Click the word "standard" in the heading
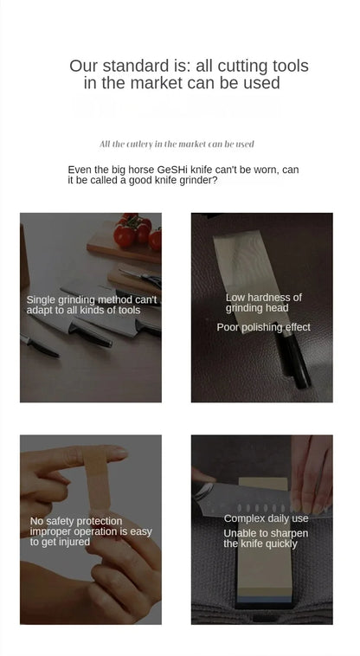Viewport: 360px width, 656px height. coord(135,66)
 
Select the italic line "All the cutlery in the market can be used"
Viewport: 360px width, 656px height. coord(177,145)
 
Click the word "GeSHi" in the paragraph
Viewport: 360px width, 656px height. coord(172,170)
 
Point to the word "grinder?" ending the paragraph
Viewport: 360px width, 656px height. coord(199,181)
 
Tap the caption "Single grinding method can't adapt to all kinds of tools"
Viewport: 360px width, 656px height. coord(92,305)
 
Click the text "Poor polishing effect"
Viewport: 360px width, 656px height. coord(263,327)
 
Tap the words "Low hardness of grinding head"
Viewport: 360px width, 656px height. coord(263,303)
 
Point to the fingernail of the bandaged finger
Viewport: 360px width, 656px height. coord(119,453)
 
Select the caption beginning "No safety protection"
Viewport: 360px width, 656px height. coord(91,531)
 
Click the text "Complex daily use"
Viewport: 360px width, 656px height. coord(266,518)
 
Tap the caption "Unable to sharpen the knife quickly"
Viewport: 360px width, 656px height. coord(266,538)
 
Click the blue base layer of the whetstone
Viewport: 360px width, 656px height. coord(263,600)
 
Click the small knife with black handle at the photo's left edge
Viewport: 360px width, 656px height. coord(39,345)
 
